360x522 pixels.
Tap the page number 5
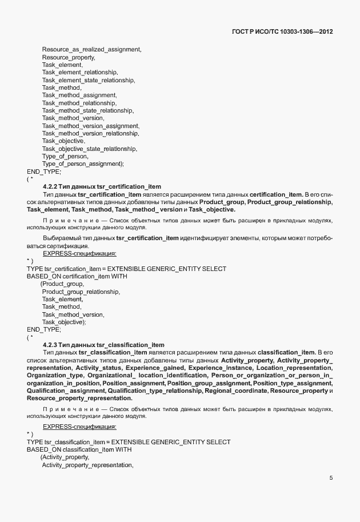331,478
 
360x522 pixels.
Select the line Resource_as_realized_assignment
91,50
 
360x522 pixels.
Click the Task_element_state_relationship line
88,80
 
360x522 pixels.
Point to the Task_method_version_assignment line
90,126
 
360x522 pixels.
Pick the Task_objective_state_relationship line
89,149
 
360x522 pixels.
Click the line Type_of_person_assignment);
83,164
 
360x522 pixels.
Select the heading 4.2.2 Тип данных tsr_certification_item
102,187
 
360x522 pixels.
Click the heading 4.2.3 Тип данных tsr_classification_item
103,345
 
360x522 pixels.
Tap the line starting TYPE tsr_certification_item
126,269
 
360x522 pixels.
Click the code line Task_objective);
64,322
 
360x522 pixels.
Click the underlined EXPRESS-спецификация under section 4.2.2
79,252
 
